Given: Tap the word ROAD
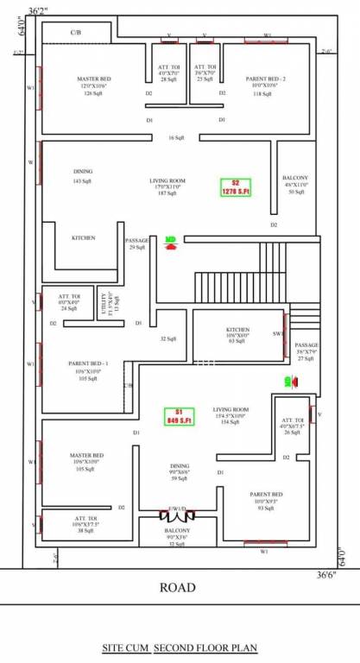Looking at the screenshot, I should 177,588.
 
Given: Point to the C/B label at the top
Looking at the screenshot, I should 75,32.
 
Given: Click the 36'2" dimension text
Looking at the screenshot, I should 37,9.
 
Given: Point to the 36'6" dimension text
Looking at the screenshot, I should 325,574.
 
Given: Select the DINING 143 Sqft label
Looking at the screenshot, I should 82,176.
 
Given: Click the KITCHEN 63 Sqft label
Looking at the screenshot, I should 237,336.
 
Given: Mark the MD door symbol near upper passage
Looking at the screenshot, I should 171,243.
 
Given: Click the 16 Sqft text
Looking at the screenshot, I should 176,138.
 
